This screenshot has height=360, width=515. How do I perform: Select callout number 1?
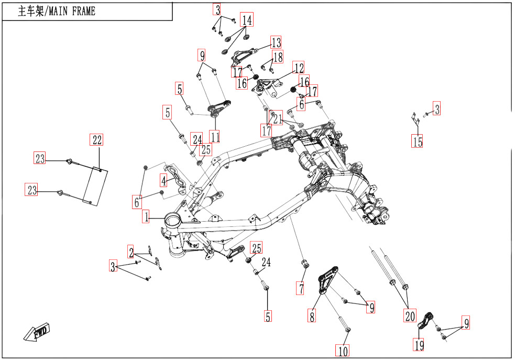tap(146, 216)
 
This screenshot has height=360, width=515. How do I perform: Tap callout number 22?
tap(97, 139)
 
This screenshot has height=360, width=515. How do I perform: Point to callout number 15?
tap(417, 141)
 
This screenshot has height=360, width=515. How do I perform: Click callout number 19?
tap(419, 345)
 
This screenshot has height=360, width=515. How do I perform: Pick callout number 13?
tap(276, 42)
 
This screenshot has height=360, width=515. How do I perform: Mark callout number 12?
tap(299, 68)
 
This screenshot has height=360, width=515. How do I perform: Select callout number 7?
tap(301, 288)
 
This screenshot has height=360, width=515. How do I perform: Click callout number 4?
tap(164, 181)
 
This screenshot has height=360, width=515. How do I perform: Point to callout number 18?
tap(278, 57)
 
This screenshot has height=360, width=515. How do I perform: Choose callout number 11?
tap(215, 137)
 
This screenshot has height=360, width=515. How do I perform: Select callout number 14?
tap(247, 20)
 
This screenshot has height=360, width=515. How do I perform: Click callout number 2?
tap(132, 253)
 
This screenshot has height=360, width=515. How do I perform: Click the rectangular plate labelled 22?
tap(96, 184)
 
